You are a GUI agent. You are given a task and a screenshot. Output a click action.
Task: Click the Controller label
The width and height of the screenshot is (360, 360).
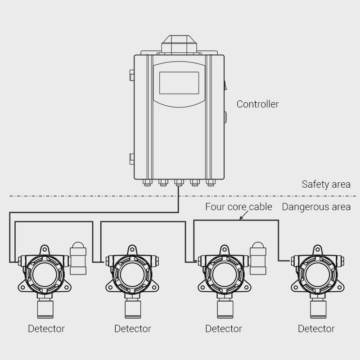tap(257, 104)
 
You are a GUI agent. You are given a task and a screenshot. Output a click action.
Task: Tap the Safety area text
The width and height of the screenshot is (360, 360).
tap(326, 184)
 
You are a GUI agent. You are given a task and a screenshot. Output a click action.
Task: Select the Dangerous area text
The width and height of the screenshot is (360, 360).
tap(316, 207)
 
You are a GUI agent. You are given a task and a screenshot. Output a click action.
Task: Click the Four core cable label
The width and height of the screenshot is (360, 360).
tap(238, 207)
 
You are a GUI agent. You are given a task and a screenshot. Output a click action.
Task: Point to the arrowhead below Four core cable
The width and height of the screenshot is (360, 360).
tap(242, 219)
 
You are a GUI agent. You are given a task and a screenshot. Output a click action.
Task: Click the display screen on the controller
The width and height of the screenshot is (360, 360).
tap(179, 83)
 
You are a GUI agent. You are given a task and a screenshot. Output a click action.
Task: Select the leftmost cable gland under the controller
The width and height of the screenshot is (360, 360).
tap(147, 182)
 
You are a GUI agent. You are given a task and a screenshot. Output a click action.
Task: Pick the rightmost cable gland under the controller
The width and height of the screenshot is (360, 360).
tap(211, 182)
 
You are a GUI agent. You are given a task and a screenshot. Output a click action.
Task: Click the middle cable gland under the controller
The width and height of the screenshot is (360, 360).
tap(179, 182)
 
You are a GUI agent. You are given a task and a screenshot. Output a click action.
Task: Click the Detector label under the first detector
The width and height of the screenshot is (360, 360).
tap(46, 329)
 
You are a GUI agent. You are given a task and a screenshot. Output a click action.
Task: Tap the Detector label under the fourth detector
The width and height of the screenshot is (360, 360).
tap(316, 329)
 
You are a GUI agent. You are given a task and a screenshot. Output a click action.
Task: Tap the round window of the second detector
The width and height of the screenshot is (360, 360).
tap(131, 272)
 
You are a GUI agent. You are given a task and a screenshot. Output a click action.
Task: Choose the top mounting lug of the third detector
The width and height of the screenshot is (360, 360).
tap(224, 249)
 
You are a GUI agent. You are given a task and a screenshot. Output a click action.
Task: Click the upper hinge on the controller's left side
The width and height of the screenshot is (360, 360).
tap(131, 75)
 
